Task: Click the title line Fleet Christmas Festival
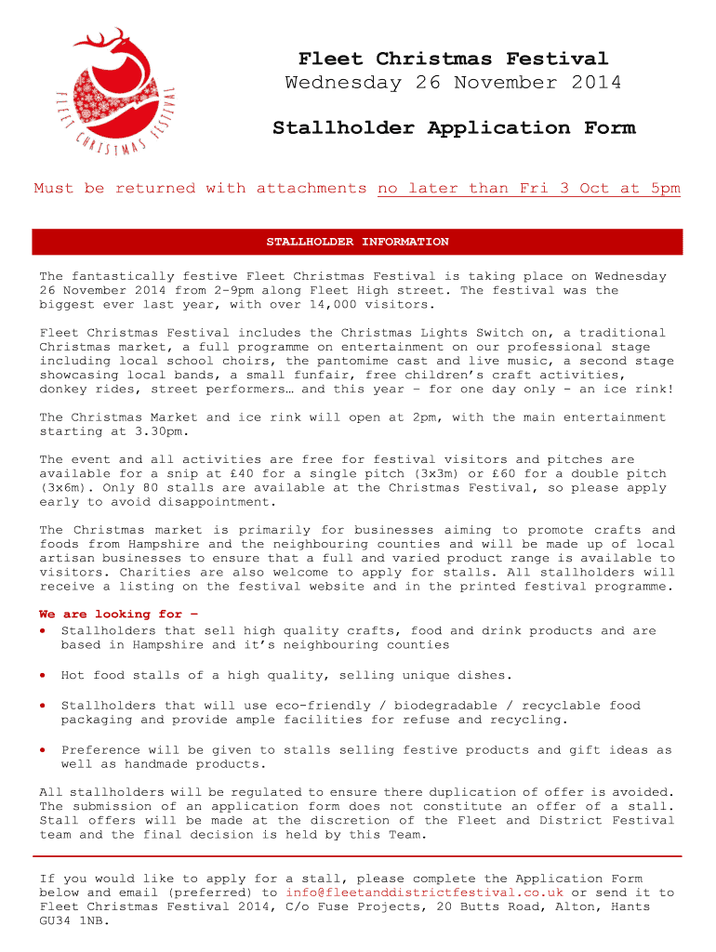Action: [x=453, y=59]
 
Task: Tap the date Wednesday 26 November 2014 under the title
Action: [x=453, y=83]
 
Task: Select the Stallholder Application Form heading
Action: [x=453, y=127]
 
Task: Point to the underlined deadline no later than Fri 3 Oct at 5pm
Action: [x=528, y=188]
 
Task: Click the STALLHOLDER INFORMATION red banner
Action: [x=357, y=242]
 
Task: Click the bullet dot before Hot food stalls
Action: [x=44, y=675]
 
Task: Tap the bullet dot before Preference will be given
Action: [x=44, y=749]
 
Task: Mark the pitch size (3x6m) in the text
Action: [x=66, y=487]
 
